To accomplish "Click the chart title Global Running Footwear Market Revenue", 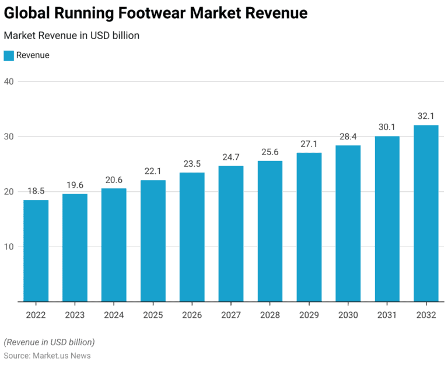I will [x=156, y=12].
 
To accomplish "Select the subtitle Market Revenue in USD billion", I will [x=71, y=36].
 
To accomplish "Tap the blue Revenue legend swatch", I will [x=9, y=55].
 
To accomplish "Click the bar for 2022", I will [x=36, y=251].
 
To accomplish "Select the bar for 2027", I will [x=231, y=233].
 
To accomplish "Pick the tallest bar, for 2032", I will [x=426, y=213].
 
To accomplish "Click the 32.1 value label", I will [x=426, y=116].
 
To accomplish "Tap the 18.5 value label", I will [x=36, y=191].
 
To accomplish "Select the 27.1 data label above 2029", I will [x=309, y=143].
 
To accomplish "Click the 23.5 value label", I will [x=192, y=163].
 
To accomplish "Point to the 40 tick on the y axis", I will [x=9, y=82].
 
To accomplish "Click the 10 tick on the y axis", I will [x=9, y=247].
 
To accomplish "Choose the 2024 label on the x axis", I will [x=114, y=315].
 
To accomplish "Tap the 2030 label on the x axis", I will [x=348, y=315].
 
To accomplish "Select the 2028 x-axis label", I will [x=270, y=315].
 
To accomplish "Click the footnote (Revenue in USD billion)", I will [x=49, y=342].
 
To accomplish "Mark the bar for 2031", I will [x=387, y=219].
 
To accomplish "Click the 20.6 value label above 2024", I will [x=114, y=180].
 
